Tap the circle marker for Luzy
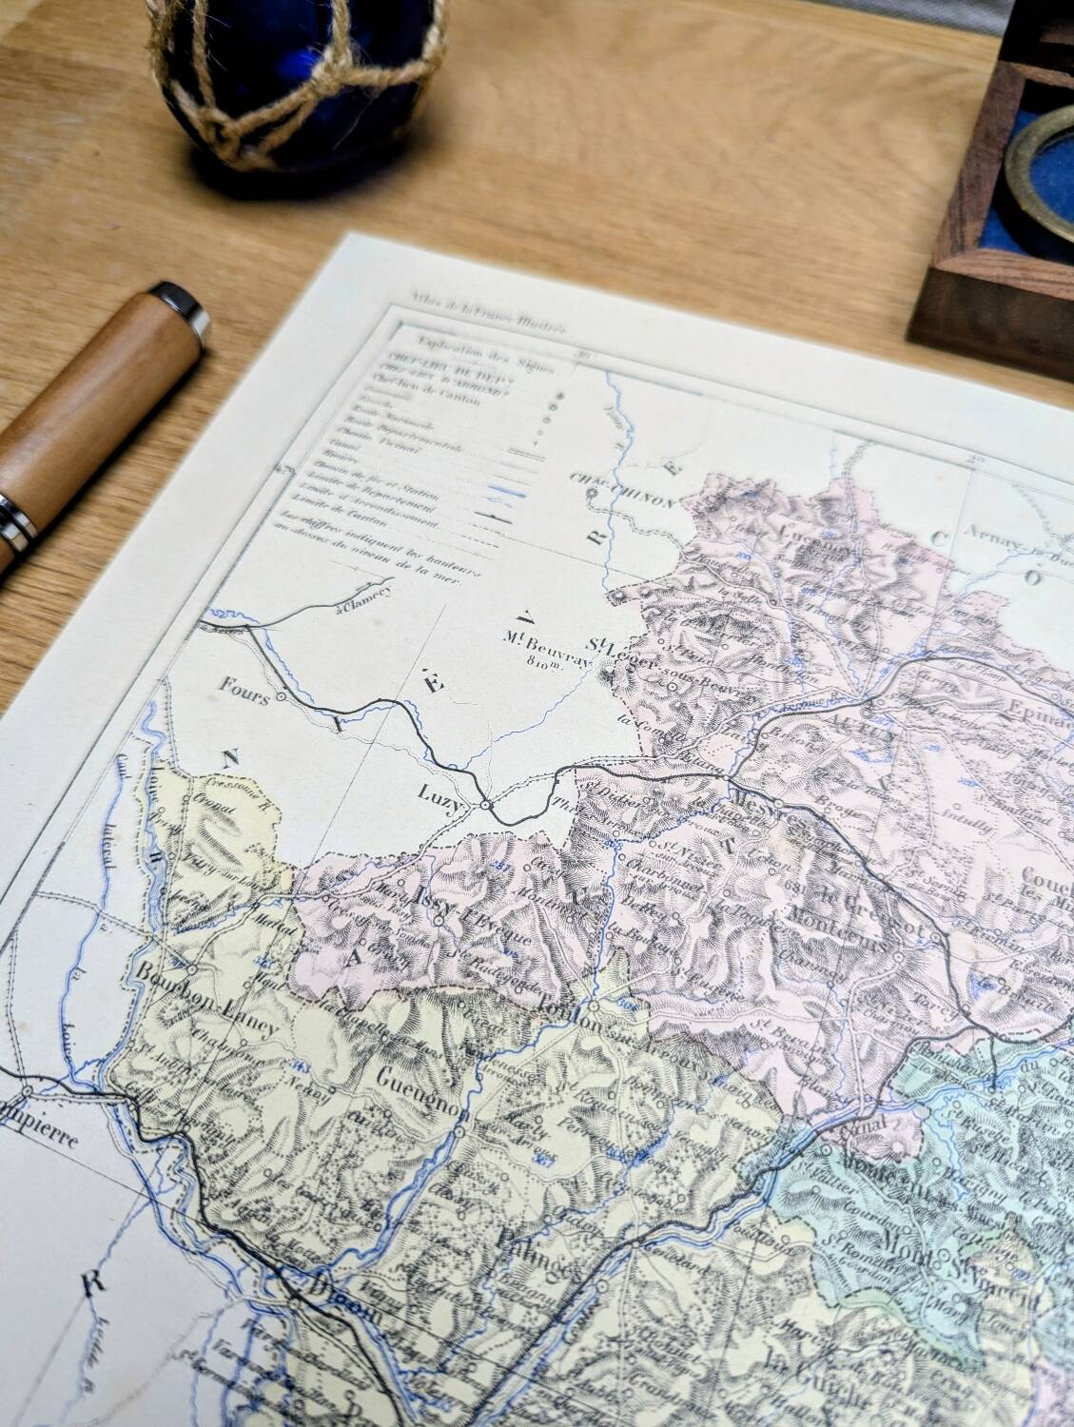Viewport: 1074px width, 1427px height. pyautogui.click(x=485, y=805)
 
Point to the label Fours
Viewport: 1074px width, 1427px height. pyautogui.click(x=243, y=685)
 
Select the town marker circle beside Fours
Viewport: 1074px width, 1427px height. pyautogui.click(x=282, y=697)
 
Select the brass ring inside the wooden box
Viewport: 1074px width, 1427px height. pyautogui.click(x=1043, y=162)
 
